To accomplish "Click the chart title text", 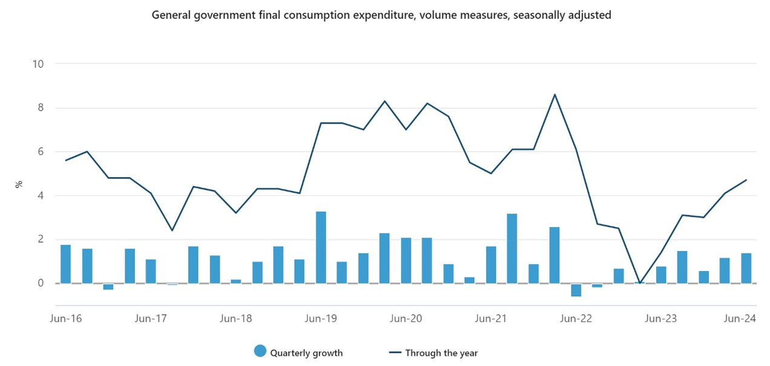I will click(382, 15).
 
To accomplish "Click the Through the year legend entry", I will click(442, 353).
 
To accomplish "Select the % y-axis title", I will click(19, 184).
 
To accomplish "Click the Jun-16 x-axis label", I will click(65, 318).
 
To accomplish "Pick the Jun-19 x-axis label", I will click(321, 318).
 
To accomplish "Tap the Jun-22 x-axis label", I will click(576, 318).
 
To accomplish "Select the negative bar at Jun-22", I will click(576, 290).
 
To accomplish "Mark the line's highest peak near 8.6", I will click(555, 94).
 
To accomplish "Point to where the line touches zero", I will click(640, 283).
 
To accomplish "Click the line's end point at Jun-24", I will click(746, 180).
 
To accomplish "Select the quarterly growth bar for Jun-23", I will click(661, 275).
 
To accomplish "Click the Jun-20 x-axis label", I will click(406, 318).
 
